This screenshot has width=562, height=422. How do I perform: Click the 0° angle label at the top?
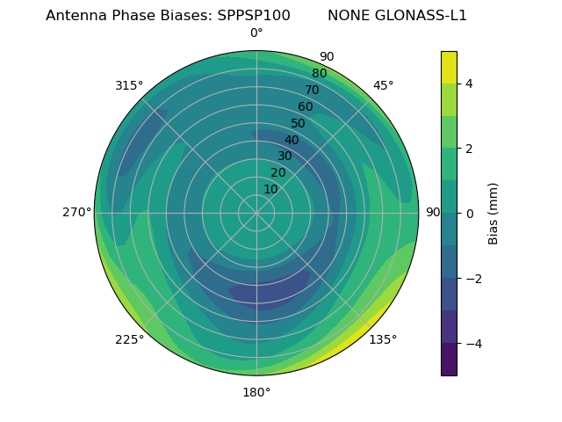pyautogui.click(x=256, y=33)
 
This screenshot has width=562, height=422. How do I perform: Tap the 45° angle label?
pyautogui.click(x=383, y=86)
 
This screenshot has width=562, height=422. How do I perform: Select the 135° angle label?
pyautogui.click(x=383, y=339)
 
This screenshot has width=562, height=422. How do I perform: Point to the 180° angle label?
pyautogui.click(x=256, y=392)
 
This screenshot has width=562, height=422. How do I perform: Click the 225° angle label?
pyautogui.click(x=129, y=339)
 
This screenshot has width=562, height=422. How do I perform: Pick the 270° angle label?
pyautogui.click(x=77, y=213)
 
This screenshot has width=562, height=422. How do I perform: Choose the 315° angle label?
pyautogui.click(x=129, y=86)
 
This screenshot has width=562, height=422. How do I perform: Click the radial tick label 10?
pyautogui.click(x=270, y=190)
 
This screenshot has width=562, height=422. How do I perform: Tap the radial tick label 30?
pyautogui.click(x=285, y=156)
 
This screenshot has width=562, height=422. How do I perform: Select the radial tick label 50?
pyautogui.click(x=299, y=124)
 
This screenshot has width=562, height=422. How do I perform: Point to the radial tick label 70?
pyautogui.click(x=312, y=91)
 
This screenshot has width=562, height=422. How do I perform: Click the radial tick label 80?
pyautogui.click(x=319, y=74)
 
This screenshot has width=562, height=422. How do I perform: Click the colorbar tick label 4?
pyautogui.click(x=470, y=84)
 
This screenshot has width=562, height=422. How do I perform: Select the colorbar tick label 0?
pyautogui.click(x=470, y=214)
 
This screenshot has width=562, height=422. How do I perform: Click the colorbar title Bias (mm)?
pyautogui.click(x=494, y=214)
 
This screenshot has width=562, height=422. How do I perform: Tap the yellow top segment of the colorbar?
pyautogui.click(x=449, y=67)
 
